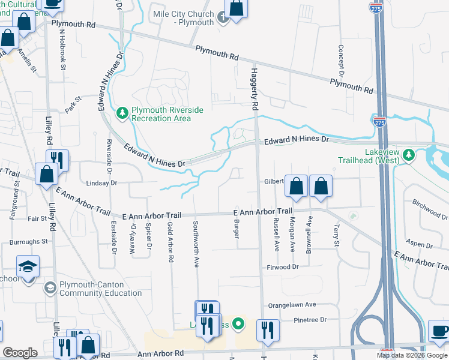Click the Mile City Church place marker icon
pos(223,19)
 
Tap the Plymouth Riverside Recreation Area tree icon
pos(122,112)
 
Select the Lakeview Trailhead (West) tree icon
pos(409,155)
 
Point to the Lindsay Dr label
pos(101,182)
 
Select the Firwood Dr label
pos(283,266)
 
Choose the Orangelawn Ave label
pos(292,305)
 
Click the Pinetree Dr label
pos(310,320)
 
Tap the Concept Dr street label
pos(340,58)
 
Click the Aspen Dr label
pos(420,245)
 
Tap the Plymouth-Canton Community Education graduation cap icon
pos(49,289)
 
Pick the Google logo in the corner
pos(20,353)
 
